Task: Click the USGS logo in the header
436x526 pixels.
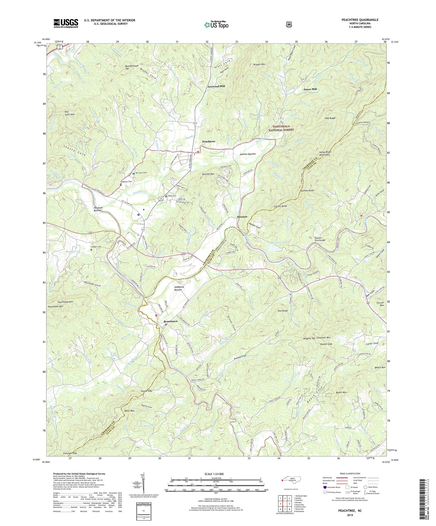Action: point(66,23)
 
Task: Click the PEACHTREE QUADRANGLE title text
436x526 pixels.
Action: point(360,20)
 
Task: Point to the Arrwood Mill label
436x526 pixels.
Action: point(216,86)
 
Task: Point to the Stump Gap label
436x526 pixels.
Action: point(146,391)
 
